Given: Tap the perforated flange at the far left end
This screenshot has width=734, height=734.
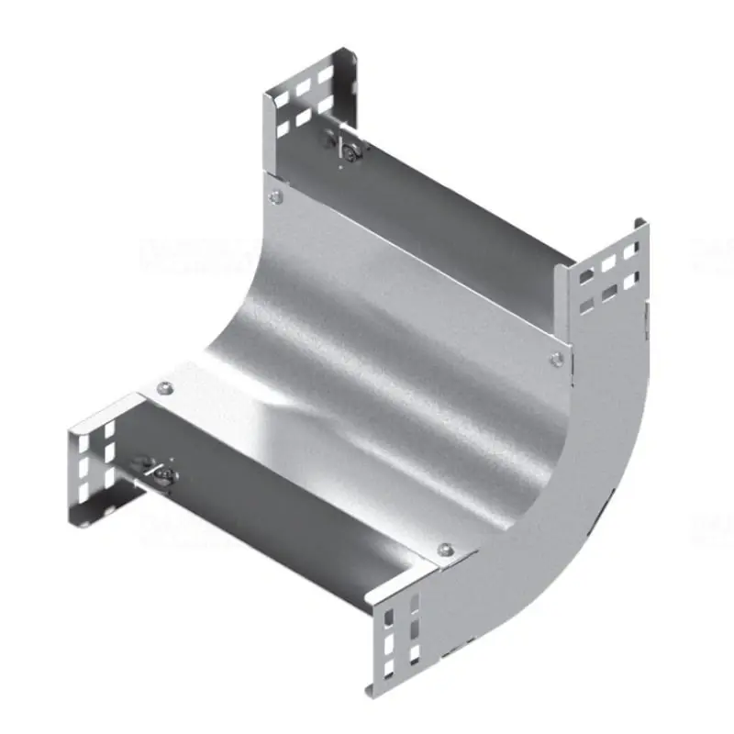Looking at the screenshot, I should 92,463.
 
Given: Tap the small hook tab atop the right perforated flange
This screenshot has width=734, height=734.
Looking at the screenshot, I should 638,223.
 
